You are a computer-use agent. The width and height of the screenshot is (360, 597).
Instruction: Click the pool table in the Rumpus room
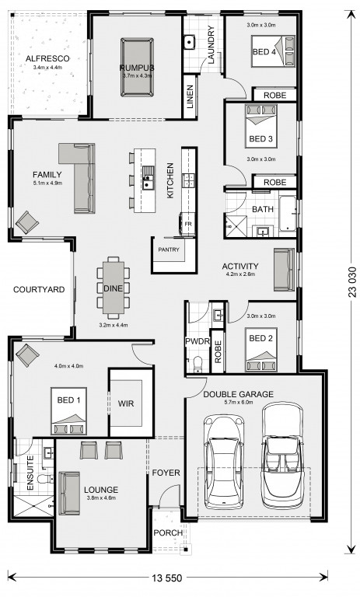(x=137, y=67)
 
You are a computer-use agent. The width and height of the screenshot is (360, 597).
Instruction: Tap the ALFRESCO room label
(x=47, y=58)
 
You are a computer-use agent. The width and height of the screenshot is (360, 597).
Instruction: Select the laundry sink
(x=190, y=42)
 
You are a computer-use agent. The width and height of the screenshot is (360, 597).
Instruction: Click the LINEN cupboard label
(x=190, y=96)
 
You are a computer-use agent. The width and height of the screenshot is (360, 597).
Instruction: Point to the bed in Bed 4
(x=273, y=51)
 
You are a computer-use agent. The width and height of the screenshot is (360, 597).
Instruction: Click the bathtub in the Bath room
(x=288, y=214)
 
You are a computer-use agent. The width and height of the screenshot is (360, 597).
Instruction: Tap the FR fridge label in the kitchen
(x=188, y=224)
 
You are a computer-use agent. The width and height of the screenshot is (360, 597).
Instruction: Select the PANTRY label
(x=169, y=250)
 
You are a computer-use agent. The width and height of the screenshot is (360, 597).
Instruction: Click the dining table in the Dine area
(x=114, y=288)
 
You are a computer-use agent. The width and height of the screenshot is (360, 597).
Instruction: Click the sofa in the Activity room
(x=285, y=270)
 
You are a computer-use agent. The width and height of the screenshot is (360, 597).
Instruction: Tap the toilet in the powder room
(x=197, y=364)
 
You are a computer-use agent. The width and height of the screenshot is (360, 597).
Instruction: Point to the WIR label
(x=126, y=403)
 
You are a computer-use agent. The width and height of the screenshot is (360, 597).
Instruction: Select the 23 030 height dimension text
(x=351, y=282)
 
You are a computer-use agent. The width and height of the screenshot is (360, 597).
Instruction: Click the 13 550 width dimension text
(x=167, y=578)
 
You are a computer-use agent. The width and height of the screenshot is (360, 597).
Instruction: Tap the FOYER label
(x=166, y=473)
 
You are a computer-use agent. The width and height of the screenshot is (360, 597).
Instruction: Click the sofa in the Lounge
(x=69, y=493)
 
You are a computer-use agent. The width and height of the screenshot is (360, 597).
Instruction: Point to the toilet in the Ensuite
(x=46, y=479)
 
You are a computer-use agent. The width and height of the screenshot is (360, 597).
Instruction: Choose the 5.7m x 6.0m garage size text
(x=239, y=402)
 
